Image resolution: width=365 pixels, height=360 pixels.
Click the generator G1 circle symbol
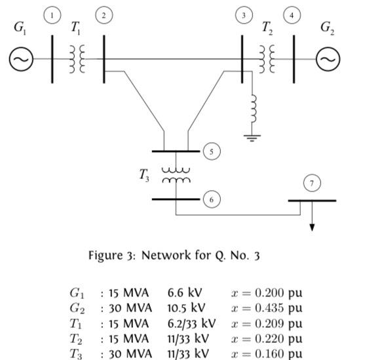tap(20, 59)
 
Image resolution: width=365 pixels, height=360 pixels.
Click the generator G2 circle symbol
tap(327, 59)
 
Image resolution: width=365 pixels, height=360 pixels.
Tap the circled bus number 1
tap(52, 15)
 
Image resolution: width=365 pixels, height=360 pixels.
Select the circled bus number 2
tap(102, 15)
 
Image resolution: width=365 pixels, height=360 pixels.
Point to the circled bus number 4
tap(292, 15)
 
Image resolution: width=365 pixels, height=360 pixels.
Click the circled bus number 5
tap(211, 151)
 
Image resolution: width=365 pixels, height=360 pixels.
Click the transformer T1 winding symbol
tap(77, 59)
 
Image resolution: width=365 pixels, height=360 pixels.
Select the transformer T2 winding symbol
tap(267, 59)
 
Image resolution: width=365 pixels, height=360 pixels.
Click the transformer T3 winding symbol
tap(176, 174)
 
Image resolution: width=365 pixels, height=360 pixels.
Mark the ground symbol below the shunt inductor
tap(252, 138)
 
